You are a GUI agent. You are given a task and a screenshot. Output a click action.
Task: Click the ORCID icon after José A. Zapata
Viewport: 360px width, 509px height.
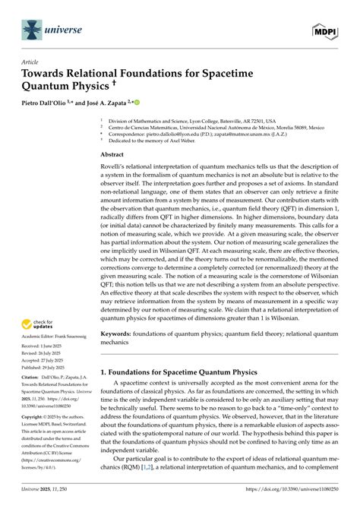[x=159, y=102]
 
